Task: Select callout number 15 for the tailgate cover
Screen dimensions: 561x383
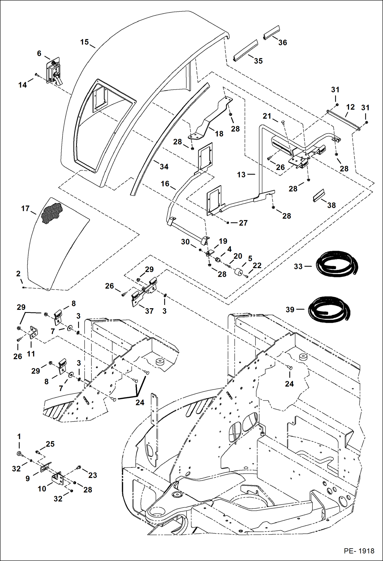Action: [x=84, y=42]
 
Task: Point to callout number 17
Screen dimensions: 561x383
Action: [x=25, y=208]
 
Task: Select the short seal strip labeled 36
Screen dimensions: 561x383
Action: [x=272, y=32]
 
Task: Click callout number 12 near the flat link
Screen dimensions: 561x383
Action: [x=350, y=107]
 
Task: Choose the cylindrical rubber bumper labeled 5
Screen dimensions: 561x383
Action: [x=240, y=272]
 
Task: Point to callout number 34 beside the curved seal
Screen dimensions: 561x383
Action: [x=164, y=167]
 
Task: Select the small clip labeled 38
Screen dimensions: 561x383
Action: [x=319, y=196]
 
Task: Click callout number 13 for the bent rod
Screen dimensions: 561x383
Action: [x=241, y=175]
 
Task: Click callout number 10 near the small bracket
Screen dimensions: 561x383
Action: [x=42, y=489]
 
